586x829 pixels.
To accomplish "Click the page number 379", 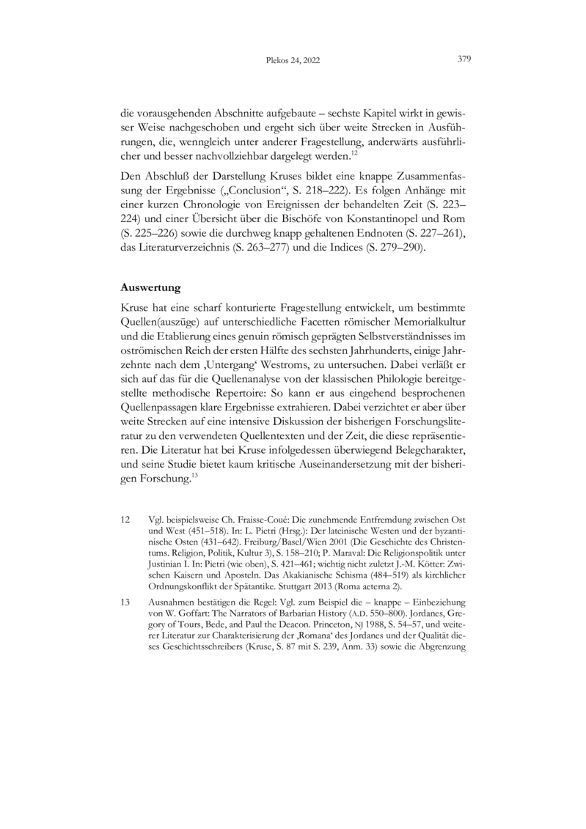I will (464, 59).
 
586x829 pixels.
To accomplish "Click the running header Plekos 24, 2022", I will (293, 61).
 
